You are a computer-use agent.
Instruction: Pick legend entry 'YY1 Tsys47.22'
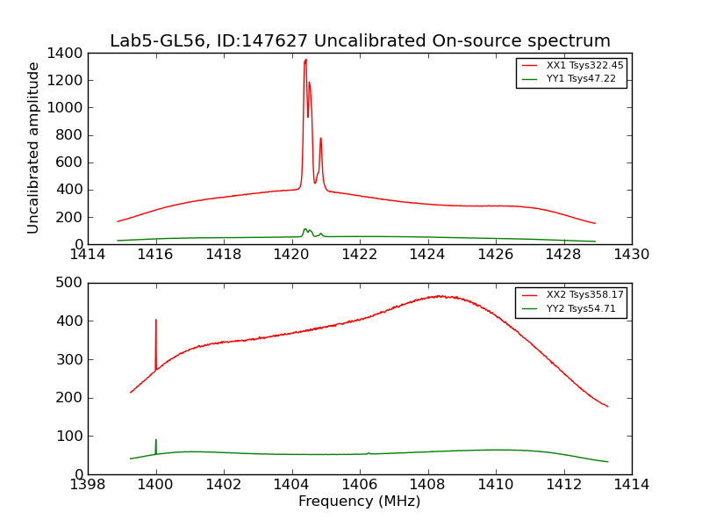point(581,79)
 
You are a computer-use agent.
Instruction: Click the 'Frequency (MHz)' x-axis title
point(359,502)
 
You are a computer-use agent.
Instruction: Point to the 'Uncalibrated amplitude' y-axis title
point(33,148)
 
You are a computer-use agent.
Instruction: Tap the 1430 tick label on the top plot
point(631,256)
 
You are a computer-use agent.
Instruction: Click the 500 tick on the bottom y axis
point(69,283)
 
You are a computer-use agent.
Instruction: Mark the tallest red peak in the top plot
point(305,60)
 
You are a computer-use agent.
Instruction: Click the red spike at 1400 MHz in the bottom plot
point(156,321)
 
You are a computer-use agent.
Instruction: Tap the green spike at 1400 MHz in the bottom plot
point(156,441)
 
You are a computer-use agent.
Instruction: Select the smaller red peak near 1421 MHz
point(320,139)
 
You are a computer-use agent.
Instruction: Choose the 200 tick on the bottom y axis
point(69,398)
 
